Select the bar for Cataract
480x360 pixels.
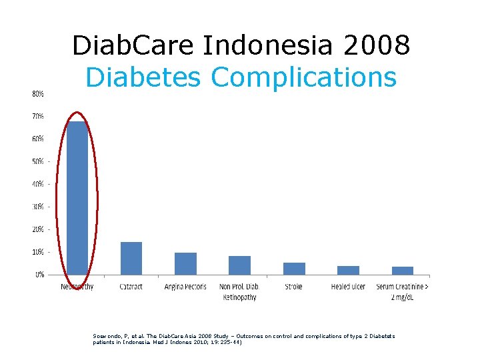pyautogui.click(x=131, y=258)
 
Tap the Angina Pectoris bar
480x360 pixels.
pyautogui.click(x=185, y=263)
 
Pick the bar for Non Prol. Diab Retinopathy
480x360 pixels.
pyautogui.click(x=239, y=265)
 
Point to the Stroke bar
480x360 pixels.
pyautogui.click(x=294, y=268)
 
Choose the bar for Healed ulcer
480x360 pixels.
pyautogui.click(x=348, y=270)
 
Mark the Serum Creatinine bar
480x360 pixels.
pyautogui.click(x=403, y=270)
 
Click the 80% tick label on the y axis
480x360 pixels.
pyautogui.click(x=39, y=94)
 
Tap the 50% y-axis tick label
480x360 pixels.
pyautogui.click(x=39, y=161)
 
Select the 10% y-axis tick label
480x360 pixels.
pyautogui.click(x=39, y=252)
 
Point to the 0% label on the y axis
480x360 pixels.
pyautogui.click(x=40, y=274)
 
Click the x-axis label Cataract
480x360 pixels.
pyautogui.click(x=131, y=287)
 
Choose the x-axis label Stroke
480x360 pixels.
pyautogui.click(x=294, y=287)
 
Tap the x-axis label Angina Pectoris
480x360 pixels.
pyautogui.click(x=185, y=287)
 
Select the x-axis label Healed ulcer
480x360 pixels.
pyautogui.click(x=348, y=287)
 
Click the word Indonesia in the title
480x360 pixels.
pyautogui.click(x=262, y=46)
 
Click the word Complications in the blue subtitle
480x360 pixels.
pyautogui.click(x=303, y=77)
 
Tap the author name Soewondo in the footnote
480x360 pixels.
pyautogui.click(x=108, y=336)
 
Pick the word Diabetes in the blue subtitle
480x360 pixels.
pyautogui.click(x=144, y=77)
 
